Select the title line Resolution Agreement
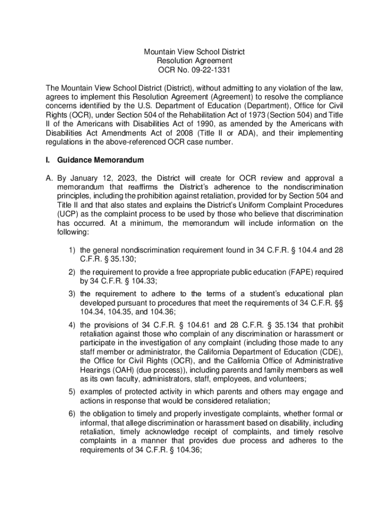194,61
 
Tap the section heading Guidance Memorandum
101,161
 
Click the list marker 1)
72,250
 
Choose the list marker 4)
72,324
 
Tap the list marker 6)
72,413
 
